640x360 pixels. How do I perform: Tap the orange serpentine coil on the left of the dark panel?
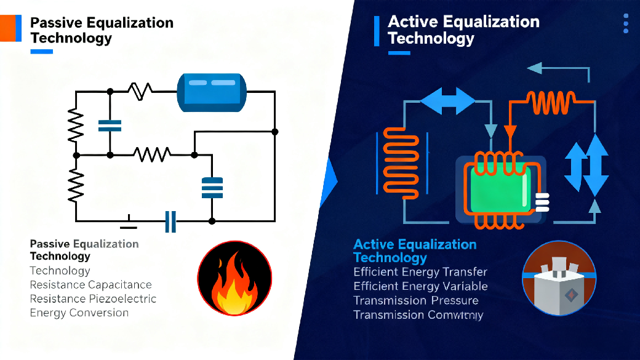(401, 161)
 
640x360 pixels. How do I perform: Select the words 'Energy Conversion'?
(79, 313)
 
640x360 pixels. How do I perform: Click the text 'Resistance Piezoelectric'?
(93, 299)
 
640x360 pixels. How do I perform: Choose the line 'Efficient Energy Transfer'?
(420, 272)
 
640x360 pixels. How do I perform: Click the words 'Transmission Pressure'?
(415, 300)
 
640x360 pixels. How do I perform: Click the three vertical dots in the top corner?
(626, 23)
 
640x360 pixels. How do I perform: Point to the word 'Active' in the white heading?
(414, 22)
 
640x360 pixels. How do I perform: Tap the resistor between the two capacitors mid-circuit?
(151, 154)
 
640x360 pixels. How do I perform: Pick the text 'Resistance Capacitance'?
(90, 285)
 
